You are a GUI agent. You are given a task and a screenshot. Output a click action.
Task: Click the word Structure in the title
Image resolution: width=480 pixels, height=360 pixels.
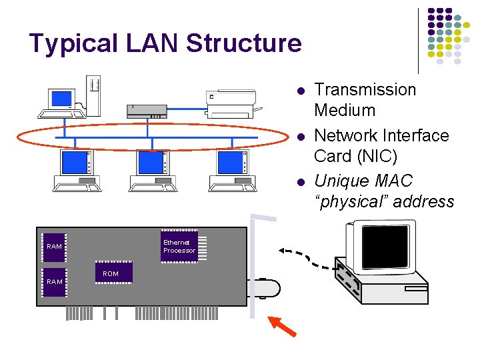click(x=244, y=43)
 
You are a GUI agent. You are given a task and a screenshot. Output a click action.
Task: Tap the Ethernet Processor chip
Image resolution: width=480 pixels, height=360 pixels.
click(x=179, y=247)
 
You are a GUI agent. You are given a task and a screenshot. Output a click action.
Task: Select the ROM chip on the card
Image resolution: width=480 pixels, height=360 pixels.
click(x=113, y=273)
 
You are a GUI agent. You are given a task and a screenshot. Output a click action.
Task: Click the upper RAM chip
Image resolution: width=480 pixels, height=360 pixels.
click(x=55, y=247)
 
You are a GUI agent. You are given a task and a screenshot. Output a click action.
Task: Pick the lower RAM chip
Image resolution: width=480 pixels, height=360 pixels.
click(x=55, y=281)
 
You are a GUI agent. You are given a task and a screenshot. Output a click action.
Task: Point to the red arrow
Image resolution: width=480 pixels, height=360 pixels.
click(x=282, y=327)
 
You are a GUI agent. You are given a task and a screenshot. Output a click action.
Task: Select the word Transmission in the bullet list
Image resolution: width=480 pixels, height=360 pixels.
click(x=365, y=89)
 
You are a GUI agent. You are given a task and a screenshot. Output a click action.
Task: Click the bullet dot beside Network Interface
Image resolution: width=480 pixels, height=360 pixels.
click(x=301, y=137)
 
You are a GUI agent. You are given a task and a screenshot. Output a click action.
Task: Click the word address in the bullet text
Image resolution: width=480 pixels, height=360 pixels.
click(x=423, y=201)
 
